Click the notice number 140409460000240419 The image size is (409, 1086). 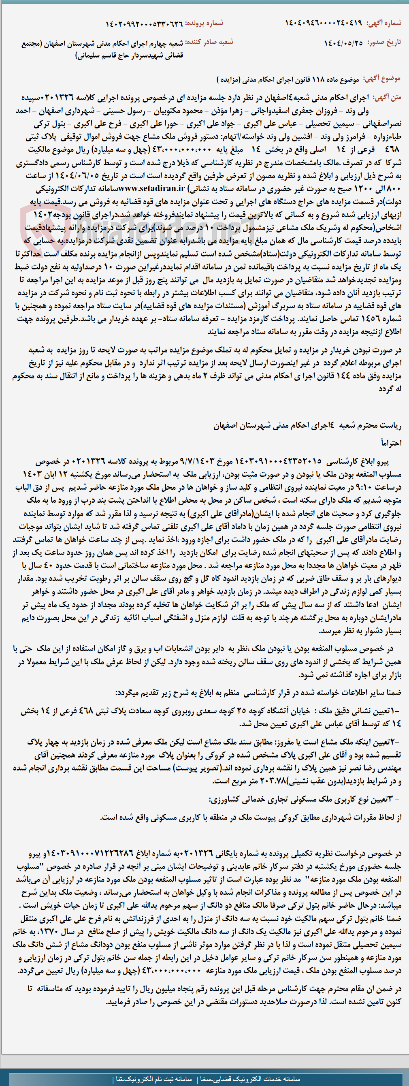pyautogui.click(x=324, y=23)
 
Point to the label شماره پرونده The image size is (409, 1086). pyautogui.click(x=204, y=23)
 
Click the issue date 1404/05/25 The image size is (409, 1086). pyautogui.click(x=343, y=43)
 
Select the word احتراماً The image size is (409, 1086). pyautogui.click(x=391, y=443)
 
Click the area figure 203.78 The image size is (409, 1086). pyautogui.click(x=273, y=781)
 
